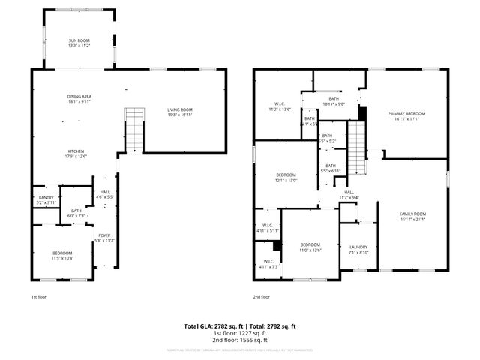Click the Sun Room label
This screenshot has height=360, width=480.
(x=79, y=42)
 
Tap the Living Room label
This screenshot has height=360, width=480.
(x=180, y=112)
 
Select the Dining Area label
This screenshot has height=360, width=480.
(x=79, y=99)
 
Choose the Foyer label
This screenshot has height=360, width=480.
(x=104, y=238)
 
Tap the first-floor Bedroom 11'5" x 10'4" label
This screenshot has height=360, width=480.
(x=62, y=255)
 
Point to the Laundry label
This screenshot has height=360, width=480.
(x=358, y=250)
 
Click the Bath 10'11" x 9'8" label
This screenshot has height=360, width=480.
(x=333, y=101)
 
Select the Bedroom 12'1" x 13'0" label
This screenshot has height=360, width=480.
(x=286, y=178)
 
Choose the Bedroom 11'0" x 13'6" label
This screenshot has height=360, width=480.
(x=310, y=247)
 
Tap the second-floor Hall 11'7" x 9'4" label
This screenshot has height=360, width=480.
(x=349, y=195)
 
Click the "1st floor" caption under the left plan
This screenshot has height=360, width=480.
(x=40, y=297)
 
